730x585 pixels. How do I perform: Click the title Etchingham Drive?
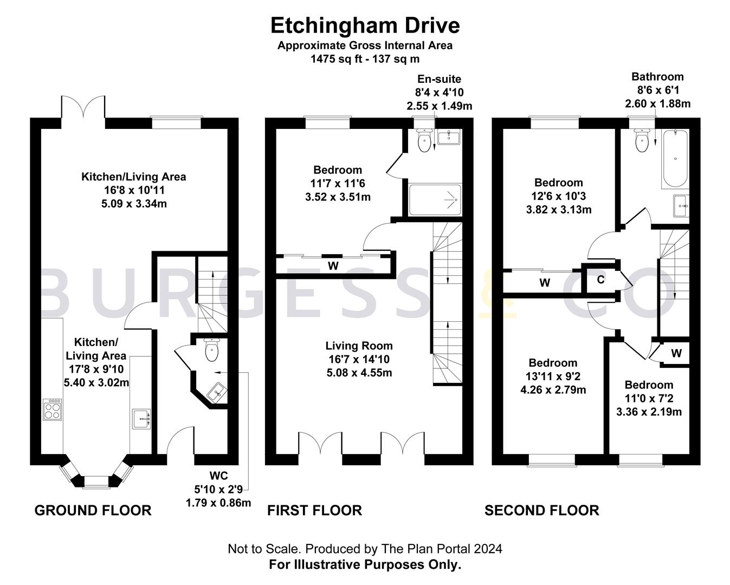click(x=365, y=25)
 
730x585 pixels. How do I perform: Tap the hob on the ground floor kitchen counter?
click(x=53, y=409)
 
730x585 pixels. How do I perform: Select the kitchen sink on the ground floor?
click(x=141, y=419)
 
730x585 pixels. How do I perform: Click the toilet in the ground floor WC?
click(x=212, y=349)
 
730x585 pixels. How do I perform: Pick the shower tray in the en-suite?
click(x=435, y=200)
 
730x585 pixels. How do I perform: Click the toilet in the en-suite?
click(x=424, y=140)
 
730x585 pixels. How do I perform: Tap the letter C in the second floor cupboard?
click(x=600, y=280)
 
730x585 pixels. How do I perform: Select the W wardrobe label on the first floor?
click(x=333, y=266)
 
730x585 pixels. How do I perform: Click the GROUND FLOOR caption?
click(x=93, y=510)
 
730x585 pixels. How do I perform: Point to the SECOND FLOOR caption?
click(x=542, y=510)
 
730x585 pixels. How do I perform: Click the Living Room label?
click(x=359, y=346)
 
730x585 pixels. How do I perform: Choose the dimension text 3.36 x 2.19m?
click(x=649, y=412)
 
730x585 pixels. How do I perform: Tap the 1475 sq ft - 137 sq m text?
click(x=365, y=59)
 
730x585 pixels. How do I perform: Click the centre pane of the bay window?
click(x=96, y=483)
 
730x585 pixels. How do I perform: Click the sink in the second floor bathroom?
click(x=681, y=205)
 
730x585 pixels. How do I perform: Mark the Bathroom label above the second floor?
click(x=657, y=77)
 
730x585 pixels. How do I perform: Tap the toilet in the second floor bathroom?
click(x=642, y=140)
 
